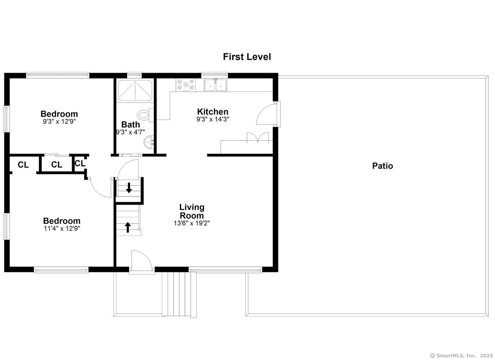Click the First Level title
pos(247,57)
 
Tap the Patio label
pos(382,166)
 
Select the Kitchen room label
pos(213,112)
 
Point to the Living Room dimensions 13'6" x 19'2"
pos(192,223)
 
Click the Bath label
pos(131,125)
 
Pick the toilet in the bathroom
pos(144,115)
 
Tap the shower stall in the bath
pos(135,90)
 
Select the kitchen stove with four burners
pos(186,85)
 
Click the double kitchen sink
pos(216,85)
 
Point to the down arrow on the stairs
pos(129,188)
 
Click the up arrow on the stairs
pos(128,227)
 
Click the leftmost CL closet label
pos(23,165)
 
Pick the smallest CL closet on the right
pos(80,164)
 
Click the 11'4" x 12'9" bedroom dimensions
pos(62,229)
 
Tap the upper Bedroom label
pos(59,114)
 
